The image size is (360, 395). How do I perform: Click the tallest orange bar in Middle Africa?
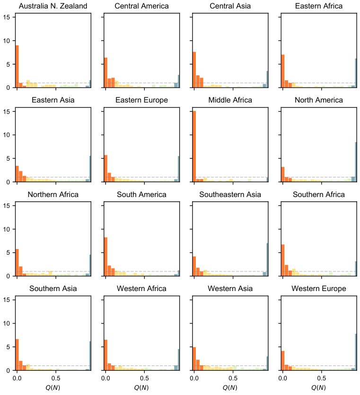pos(194,146)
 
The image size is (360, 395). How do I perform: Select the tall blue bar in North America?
pos(356,162)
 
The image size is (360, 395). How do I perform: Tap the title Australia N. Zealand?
pos(53,6)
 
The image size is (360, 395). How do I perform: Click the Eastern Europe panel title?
pos(141,100)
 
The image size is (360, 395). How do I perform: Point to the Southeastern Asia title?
pos(230,195)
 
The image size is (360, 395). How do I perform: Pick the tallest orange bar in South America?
pos(105,257)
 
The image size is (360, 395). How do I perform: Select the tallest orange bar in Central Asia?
pos(194,70)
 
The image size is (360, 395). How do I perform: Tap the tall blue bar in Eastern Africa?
pos(356,73)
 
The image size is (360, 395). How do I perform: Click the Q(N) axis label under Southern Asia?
pos(53,387)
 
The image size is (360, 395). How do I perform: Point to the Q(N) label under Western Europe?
pos(319,387)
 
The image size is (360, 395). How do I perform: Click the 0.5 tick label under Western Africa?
pos(144,378)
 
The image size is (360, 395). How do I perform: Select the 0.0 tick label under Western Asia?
pos(194,378)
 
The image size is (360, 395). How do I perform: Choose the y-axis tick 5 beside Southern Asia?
pos(9,347)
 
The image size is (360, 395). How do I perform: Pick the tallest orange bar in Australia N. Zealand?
pos(17,67)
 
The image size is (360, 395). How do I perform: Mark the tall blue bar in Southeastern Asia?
pos(267,259)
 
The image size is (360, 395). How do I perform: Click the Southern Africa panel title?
pos(319,195)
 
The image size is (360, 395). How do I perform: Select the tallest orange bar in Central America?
pos(105,73)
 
